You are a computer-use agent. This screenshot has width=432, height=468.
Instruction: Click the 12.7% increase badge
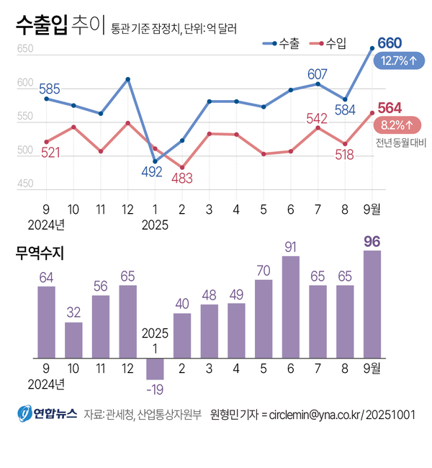click(x=398, y=61)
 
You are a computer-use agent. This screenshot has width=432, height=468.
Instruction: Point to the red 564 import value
click(x=390, y=108)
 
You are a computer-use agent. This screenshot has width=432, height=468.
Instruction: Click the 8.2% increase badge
click(x=398, y=125)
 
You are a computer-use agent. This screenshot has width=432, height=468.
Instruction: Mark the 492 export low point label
click(x=152, y=172)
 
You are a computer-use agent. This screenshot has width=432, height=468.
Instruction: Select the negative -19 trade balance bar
click(x=155, y=369)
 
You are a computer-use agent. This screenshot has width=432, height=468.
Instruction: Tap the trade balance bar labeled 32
click(x=73, y=340)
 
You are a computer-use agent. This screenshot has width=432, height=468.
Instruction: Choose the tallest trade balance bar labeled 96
click(x=373, y=304)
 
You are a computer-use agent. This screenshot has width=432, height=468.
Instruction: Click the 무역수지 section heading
click(x=41, y=253)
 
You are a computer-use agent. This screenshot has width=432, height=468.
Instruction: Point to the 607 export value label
click(x=318, y=74)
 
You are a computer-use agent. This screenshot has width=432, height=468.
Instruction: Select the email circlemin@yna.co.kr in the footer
click(x=315, y=415)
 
